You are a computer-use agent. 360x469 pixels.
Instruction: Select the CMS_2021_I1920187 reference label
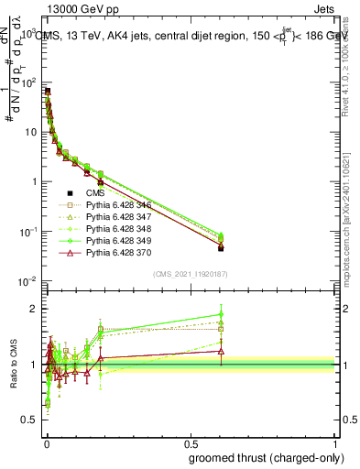(189, 273)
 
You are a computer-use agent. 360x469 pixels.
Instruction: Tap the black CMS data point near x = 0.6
(221, 248)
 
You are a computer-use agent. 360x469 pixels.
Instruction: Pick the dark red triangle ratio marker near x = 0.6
(221, 351)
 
